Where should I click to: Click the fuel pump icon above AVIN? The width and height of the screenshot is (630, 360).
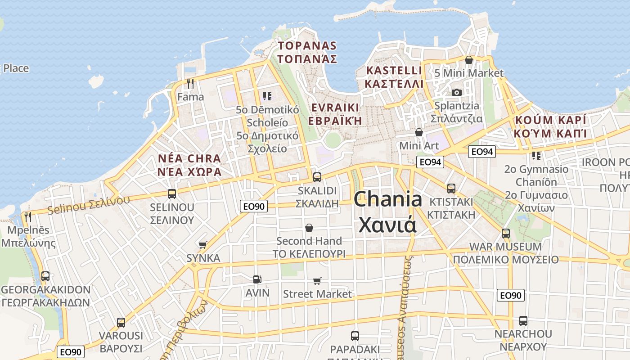[x=257, y=279]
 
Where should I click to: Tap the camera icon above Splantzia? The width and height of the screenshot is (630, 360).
[x=457, y=92]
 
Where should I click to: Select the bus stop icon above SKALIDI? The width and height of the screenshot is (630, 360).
[x=317, y=177]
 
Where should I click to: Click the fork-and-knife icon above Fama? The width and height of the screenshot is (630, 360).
[x=190, y=83]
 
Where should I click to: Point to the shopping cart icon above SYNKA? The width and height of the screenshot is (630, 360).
[x=203, y=245]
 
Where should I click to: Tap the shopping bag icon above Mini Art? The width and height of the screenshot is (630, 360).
[x=419, y=132]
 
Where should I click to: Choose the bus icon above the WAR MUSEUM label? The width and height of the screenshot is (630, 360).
[x=506, y=234]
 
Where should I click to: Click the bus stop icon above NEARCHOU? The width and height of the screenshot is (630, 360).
[x=523, y=321]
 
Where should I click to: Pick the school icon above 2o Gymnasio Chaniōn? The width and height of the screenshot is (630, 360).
[x=536, y=156]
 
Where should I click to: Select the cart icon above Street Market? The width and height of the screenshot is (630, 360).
[x=317, y=281]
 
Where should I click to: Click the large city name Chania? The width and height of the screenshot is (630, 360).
[x=388, y=199]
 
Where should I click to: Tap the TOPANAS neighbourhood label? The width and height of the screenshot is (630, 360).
[x=307, y=46]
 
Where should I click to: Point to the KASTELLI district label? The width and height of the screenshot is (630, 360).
[x=394, y=71]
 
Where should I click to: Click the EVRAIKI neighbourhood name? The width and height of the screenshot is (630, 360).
[x=334, y=108]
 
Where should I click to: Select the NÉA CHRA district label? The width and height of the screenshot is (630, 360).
[x=189, y=159]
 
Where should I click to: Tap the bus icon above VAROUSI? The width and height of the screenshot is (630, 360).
[x=121, y=322]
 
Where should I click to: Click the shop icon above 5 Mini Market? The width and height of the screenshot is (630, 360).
[x=469, y=60]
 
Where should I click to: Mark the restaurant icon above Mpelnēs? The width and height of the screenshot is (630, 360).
[x=28, y=217]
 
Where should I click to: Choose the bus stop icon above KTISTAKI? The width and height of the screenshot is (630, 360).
[x=451, y=189]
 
